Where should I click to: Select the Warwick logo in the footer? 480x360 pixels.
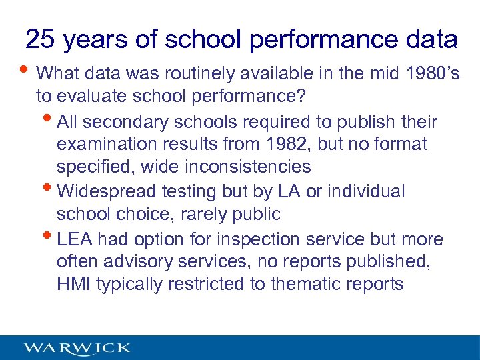(x=77, y=348)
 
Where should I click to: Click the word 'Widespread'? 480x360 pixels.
(x=106, y=191)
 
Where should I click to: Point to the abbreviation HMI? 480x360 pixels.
(x=74, y=284)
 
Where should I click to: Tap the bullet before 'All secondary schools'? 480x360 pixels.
(x=51, y=121)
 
